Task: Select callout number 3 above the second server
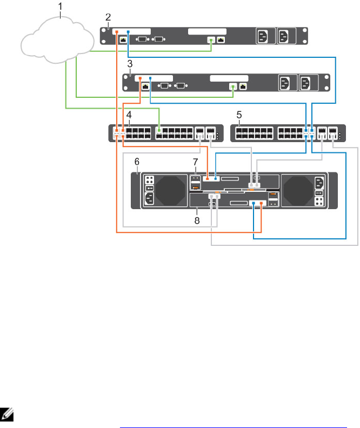tap(129, 64)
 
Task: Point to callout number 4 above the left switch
tap(129, 115)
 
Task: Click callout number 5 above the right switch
tap(239, 115)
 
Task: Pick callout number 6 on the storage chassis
tap(137, 161)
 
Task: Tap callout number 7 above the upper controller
tap(196, 162)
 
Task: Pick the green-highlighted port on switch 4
tap(159, 130)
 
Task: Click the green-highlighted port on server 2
tap(211, 39)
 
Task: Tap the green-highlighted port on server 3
tap(233, 86)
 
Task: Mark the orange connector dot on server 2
tap(116, 32)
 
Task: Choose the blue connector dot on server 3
tap(150, 78)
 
